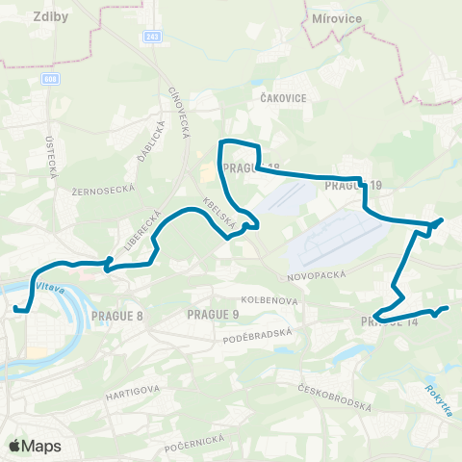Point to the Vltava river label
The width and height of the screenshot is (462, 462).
(50, 287)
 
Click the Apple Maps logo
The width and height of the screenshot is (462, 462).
(35, 446)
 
